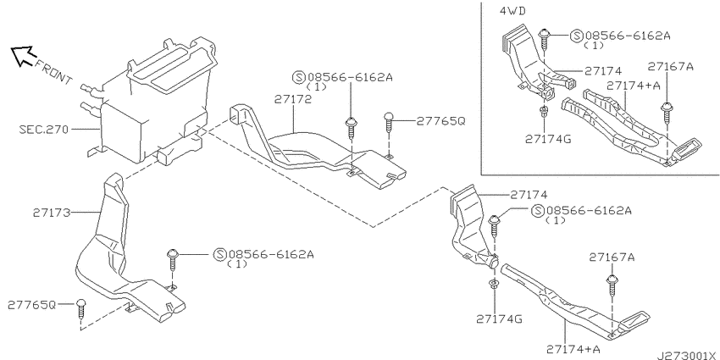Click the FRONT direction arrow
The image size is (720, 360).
pyautogui.click(x=23, y=56)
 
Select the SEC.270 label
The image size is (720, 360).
pyautogui.click(x=43, y=129)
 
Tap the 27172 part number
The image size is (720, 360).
pyautogui.click(x=293, y=99)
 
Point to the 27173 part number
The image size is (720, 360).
pyautogui.click(x=52, y=213)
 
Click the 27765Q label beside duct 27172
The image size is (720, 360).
pyautogui.click(x=440, y=121)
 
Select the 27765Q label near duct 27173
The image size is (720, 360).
pyautogui.click(x=32, y=304)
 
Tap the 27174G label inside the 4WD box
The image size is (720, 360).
pyautogui.click(x=548, y=138)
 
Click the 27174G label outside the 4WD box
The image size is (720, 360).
pyautogui.click(x=499, y=318)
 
